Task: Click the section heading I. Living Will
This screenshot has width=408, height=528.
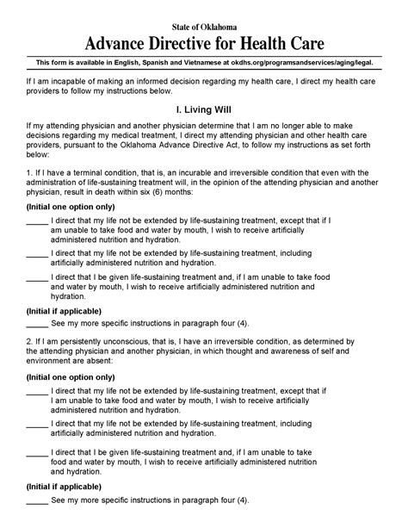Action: (203, 111)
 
